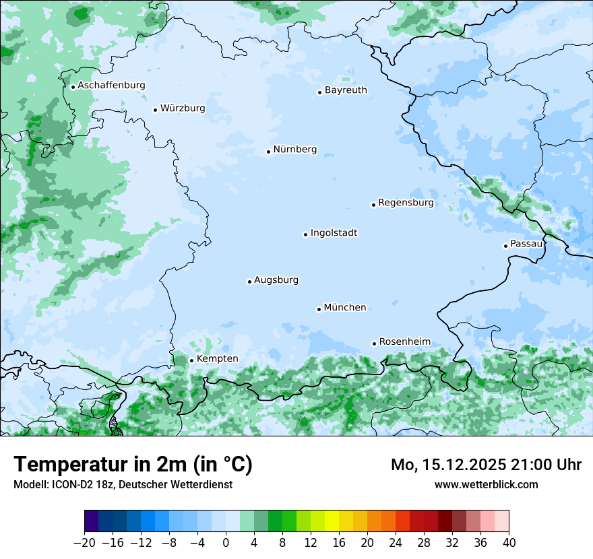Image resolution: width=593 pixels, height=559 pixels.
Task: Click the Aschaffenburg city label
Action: (111, 86)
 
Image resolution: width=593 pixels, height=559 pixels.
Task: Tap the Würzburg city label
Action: (183, 108)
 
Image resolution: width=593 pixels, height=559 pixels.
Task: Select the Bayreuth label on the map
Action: (346, 90)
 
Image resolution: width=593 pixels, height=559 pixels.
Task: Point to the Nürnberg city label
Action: (294, 150)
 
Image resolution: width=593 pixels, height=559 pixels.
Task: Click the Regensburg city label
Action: (406, 202)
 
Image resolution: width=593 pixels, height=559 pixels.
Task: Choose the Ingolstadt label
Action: (334, 233)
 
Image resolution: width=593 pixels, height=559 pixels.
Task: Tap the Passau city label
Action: (526, 244)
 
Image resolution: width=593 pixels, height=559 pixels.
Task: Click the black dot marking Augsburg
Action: (249, 282)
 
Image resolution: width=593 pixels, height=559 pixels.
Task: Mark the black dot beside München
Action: (319, 309)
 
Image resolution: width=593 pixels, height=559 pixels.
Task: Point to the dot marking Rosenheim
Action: (374, 343)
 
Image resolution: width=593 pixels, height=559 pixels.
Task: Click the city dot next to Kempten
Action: (191, 360)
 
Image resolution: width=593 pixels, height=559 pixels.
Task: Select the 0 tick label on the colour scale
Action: (226, 543)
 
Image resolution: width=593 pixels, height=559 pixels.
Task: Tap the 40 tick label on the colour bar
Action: (509, 543)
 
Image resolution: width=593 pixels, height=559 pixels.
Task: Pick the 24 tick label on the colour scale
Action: (396, 543)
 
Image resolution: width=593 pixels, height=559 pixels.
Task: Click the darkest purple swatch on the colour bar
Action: (92, 521)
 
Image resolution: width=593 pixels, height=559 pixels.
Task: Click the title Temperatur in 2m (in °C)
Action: (133, 465)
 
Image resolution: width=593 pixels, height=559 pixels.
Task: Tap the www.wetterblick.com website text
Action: (486, 484)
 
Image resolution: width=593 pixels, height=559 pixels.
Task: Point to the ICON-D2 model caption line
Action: (123, 484)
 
